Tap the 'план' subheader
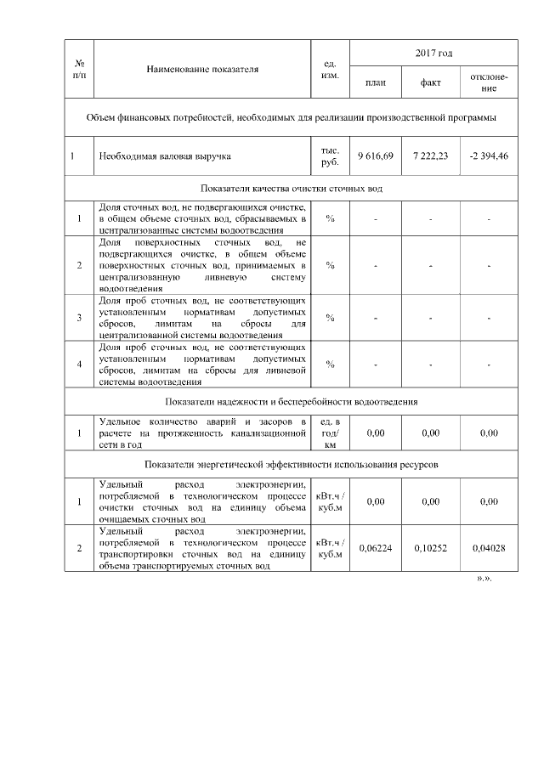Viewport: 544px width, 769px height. pos(375,83)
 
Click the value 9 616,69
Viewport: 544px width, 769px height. pos(375,156)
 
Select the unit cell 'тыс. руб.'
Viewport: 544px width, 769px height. pos(331,156)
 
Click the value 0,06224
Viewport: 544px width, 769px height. pos(375,548)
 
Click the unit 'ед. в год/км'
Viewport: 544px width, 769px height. pos(331,433)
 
